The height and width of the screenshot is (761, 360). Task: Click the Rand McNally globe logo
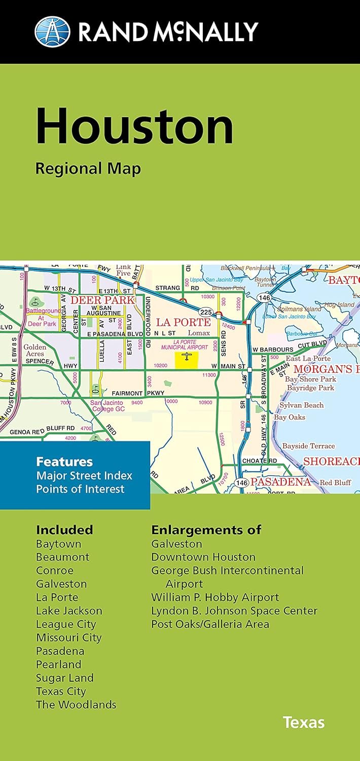coord(52,31)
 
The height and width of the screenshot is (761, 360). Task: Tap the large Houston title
coord(134,125)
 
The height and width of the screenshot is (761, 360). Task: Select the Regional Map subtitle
coord(88,168)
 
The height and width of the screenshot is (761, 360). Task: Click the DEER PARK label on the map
coord(103,300)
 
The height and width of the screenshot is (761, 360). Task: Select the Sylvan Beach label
coord(302,405)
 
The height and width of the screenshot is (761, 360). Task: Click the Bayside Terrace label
coord(308,446)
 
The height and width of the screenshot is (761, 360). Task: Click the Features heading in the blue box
coord(64,462)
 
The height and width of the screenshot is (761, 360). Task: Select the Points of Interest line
coord(80,489)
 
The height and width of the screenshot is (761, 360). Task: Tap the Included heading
coord(64,530)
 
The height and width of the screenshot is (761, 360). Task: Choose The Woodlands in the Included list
coord(76,705)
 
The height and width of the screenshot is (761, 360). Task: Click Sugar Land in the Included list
coord(65,678)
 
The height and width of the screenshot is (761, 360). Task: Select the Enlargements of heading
coord(206,530)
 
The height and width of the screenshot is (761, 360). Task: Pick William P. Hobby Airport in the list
coord(215,597)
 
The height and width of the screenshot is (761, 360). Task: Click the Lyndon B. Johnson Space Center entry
coord(234,611)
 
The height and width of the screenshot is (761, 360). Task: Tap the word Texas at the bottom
coord(304,722)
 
